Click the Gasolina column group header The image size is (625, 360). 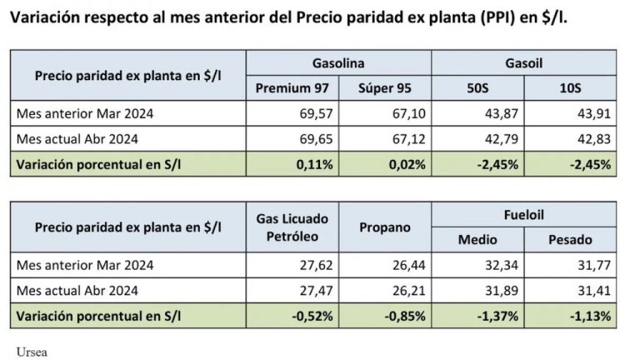coord(338,62)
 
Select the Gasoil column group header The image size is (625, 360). coord(524,62)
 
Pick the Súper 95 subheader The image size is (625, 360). coord(386,88)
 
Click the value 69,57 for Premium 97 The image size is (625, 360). coord(317,113)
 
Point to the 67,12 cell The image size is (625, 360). coord(407,139)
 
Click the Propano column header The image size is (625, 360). coord(386,227)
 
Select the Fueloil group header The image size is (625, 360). coord(524,214)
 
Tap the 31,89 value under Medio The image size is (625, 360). coord(501,290)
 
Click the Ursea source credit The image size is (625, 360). coord(32,351)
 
